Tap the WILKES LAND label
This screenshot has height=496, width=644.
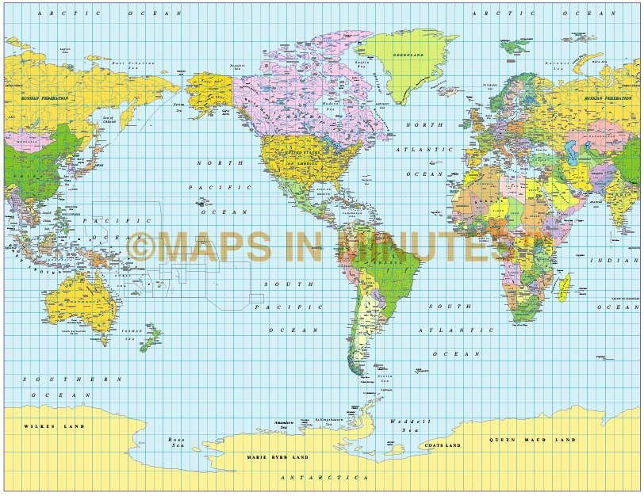(54, 426)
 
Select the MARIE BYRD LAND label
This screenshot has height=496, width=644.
(278, 457)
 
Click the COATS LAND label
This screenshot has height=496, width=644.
(443, 445)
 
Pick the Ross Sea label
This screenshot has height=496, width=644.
(177, 442)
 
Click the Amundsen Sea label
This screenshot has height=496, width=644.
(284, 425)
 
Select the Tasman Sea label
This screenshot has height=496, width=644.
(132, 334)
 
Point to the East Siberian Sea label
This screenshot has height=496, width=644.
(130, 63)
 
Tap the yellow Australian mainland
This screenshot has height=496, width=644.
(87, 297)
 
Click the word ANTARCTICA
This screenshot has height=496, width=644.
(326, 478)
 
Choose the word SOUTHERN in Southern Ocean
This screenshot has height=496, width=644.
(72, 379)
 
